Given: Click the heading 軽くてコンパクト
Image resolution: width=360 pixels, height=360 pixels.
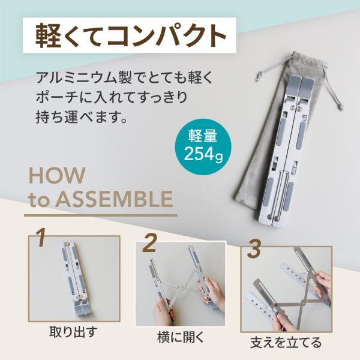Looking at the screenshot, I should coord(128,35).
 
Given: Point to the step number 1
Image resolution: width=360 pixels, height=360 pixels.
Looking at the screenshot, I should coord(40,238).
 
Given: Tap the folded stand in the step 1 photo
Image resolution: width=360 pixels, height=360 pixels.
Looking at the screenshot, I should coord(74,276).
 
